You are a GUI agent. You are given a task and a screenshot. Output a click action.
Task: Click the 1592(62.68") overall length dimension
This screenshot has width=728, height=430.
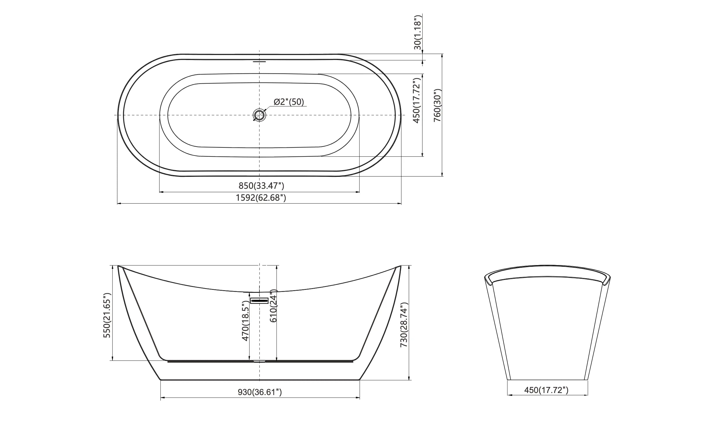pyautogui.click(x=261, y=198)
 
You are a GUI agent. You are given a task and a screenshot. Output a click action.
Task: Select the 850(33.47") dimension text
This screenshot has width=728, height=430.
pyautogui.click(x=261, y=186)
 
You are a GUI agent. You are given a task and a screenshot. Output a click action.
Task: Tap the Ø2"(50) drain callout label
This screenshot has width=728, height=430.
pyautogui.click(x=289, y=102)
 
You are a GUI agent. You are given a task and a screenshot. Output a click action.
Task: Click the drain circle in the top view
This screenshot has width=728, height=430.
pyautogui.click(x=259, y=115)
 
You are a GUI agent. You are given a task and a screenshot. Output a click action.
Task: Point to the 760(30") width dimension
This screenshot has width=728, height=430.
pyautogui.click(x=438, y=105)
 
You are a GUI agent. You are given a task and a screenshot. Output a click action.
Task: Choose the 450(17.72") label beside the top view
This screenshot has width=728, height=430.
pyautogui.click(x=417, y=101)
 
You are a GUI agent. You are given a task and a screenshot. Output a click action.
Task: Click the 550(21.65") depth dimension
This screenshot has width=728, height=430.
pyautogui.click(x=107, y=315)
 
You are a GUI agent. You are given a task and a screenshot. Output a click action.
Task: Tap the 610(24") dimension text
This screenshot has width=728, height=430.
pyautogui.click(x=273, y=306)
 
